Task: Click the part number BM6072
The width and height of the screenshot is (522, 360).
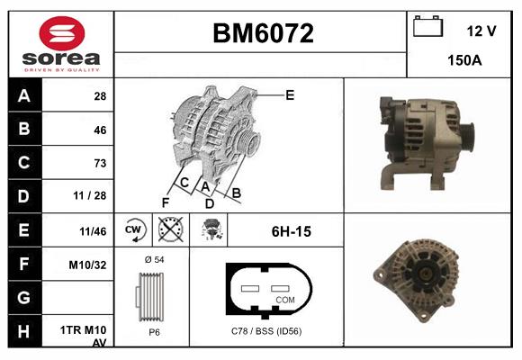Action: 262,34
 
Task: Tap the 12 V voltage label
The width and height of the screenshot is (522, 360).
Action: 481,31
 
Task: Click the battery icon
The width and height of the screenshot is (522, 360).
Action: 426,28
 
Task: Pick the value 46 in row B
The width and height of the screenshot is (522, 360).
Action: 99,130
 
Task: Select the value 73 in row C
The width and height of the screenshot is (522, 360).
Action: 99,163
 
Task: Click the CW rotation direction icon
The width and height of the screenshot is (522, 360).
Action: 133,230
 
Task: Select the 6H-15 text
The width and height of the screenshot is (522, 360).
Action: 291,231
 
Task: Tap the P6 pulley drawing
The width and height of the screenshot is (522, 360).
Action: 152,298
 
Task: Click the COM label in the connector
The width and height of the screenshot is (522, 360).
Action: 285,299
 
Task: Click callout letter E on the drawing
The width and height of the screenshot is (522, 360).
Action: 289,94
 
